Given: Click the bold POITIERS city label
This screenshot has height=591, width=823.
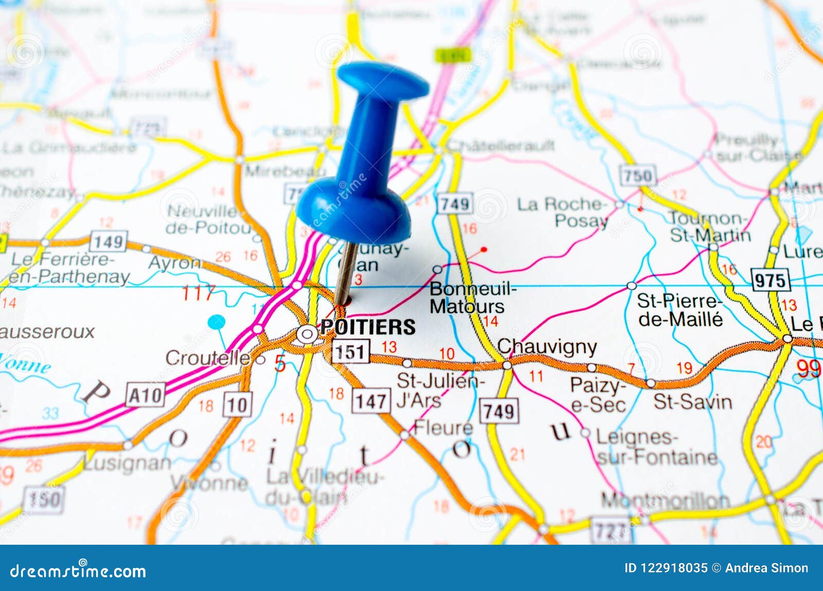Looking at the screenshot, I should (x=368, y=327).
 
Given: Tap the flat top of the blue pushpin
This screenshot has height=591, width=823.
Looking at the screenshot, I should (x=383, y=80).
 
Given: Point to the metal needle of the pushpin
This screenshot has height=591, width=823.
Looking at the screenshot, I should (x=346, y=272).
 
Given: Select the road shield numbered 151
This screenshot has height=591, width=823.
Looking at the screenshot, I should (x=350, y=352).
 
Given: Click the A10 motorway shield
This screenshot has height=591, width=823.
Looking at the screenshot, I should (x=146, y=396).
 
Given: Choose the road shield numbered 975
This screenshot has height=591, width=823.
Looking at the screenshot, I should (x=770, y=281).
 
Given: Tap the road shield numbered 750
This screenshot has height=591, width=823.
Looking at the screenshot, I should (x=638, y=176).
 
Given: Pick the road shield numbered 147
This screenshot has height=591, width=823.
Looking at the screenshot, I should (x=371, y=401).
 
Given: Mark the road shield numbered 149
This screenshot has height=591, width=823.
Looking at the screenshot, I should (x=108, y=241).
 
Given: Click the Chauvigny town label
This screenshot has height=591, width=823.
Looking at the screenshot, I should (x=547, y=347).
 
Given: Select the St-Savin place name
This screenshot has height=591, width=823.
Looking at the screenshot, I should (x=692, y=402).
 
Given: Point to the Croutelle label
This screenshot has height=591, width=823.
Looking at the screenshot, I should (x=208, y=358).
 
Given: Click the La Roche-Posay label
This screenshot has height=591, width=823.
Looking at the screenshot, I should (x=562, y=212).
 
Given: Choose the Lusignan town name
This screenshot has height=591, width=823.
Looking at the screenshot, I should (x=127, y=463).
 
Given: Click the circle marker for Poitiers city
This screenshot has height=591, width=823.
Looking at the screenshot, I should (x=307, y=335).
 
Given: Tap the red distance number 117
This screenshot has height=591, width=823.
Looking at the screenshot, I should (x=198, y=293).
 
